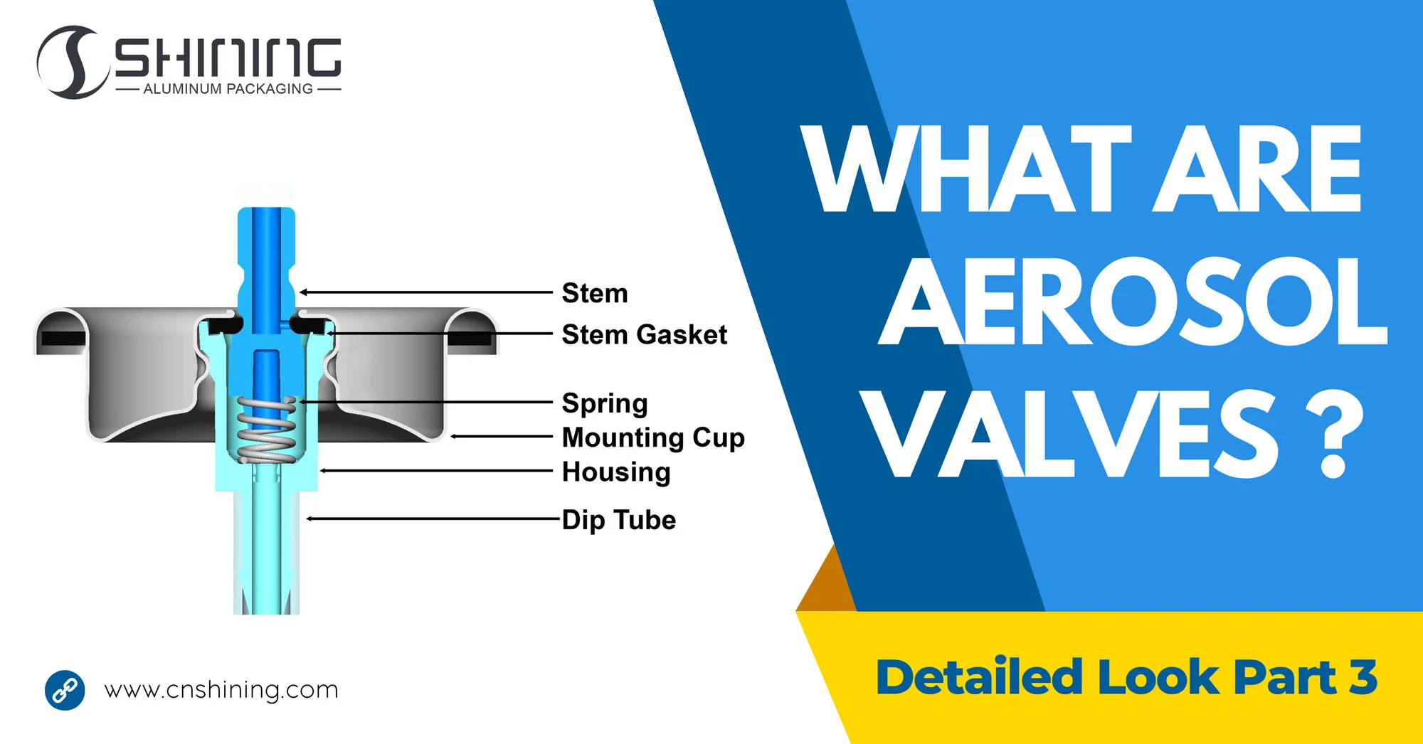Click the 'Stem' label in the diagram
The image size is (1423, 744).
pyautogui.click(x=595, y=293)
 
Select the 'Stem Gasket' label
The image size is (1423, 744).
pyautogui.click(x=644, y=334)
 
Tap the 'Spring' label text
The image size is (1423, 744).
pyautogui.click(x=605, y=403)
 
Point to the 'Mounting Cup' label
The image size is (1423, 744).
pyautogui.click(x=653, y=437)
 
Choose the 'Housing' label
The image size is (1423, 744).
pyautogui.click(x=616, y=472)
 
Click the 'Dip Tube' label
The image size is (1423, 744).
pyautogui.click(x=619, y=520)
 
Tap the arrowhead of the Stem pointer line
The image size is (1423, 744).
pyautogui.click(x=303, y=292)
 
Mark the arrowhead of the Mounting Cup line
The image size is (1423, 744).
pyautogui.click(x=454, y=436)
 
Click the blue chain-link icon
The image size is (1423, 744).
pyautogui.click(x=65, y=690)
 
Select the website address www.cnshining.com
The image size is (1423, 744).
pyautogui.click(x=221, y=690)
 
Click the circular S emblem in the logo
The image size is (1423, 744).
pyautogui.click(x=71, y=63)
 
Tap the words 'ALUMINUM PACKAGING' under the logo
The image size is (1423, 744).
pyautogui.click(x=228, y=89)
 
